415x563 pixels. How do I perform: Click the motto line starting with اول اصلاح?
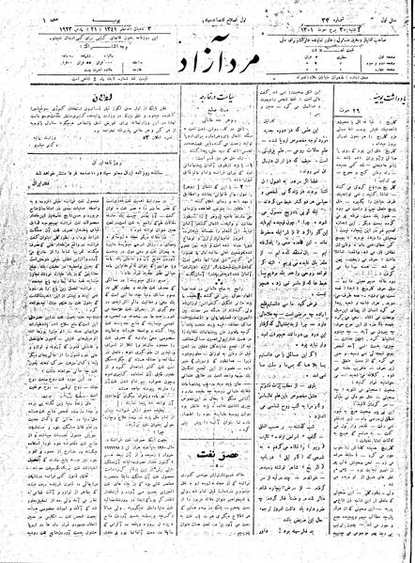click(x=188, y=13)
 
